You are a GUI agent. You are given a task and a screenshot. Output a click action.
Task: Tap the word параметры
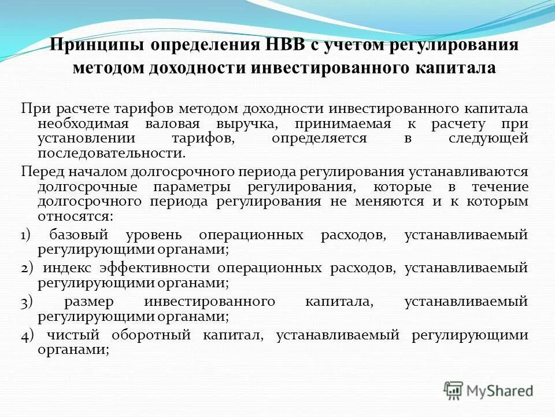(x=193, y=187)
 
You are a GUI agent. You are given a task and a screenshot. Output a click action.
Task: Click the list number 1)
(x=27, y=236)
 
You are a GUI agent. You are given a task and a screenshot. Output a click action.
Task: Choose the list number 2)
(x=28, y=269)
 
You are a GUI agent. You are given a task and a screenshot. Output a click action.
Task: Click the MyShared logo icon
(x=453, y=390)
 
